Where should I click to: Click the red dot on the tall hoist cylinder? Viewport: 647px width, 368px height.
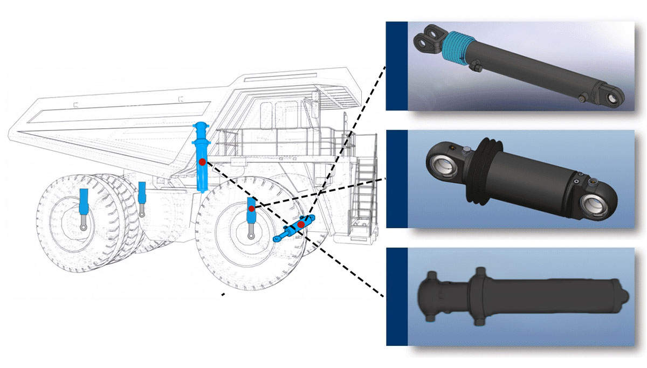coord(202,162)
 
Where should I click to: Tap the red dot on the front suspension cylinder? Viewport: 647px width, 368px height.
coord(251,209)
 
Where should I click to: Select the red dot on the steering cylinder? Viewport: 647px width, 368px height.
coord(301,224)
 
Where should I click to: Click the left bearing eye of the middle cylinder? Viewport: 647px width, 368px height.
coord(443,161)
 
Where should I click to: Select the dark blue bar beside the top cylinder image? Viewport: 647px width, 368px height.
coord(396,66)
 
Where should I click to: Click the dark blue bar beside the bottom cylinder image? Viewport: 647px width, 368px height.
coord(396,296)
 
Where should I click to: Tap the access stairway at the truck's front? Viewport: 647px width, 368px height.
coord(362,183)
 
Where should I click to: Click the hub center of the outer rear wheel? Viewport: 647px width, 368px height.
coord(84,228)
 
